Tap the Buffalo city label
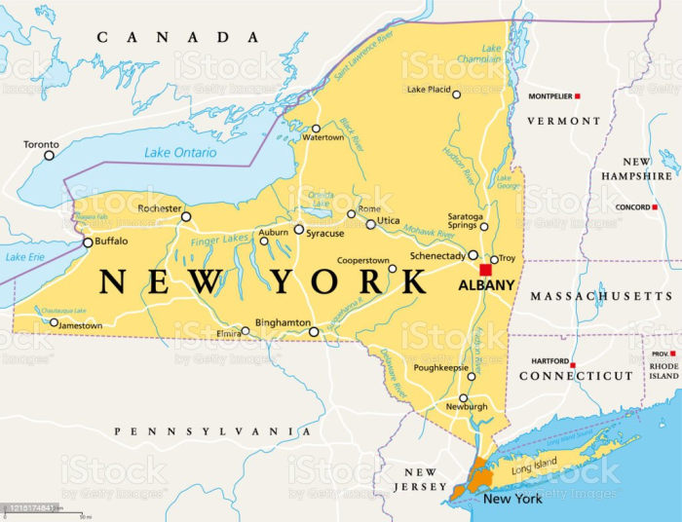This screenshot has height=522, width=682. tap(111, 241)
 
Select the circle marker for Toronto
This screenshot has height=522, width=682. tap(50, 155)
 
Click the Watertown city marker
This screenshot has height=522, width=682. tap(316, 129)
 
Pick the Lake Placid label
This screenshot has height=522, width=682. tap(429, 90)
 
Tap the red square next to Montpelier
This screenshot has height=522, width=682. tap(578, 96)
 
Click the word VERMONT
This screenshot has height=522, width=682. tap(564, 121)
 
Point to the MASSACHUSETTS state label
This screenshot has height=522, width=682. tap(601, 295)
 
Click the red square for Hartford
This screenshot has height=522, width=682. tap(577, 360)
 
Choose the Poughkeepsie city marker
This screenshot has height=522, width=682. tap(472, 376)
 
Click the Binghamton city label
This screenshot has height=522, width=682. tap(283, 321)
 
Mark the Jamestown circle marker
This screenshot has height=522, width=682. tap(55, 322)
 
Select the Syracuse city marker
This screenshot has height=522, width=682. tap(299, 230)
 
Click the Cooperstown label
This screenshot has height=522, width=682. tap(363, 261)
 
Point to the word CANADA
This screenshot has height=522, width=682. tap(177, 37)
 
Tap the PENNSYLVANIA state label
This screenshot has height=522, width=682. tap(212, 430)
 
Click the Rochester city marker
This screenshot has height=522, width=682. tap(186, 216)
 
